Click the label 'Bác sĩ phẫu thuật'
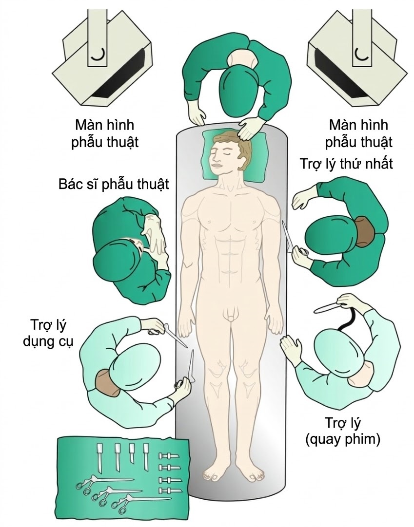click(x=113, y=185)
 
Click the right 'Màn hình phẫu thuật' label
click(x=360, y=133)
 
